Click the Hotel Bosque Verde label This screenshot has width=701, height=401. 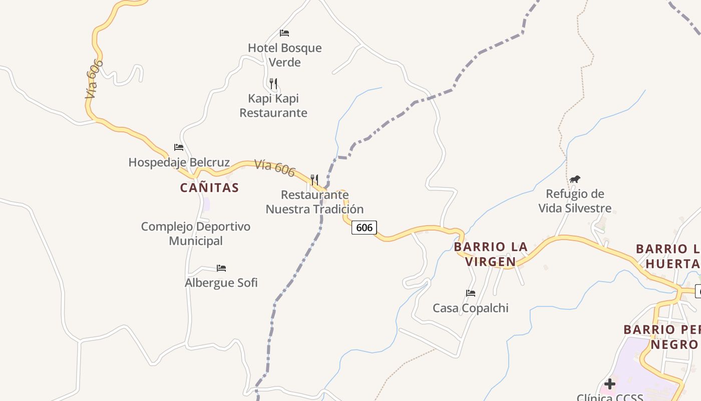[284, 55]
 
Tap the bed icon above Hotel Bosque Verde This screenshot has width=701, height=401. [284, 33]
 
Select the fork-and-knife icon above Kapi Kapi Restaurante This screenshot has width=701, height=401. [273, 83]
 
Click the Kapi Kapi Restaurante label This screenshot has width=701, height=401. [273, 105]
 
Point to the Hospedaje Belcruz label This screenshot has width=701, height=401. [179, 162]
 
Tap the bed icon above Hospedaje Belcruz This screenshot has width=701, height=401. [179, 147]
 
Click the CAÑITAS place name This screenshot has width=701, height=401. [209, 188]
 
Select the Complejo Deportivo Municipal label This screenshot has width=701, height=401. [195, 234]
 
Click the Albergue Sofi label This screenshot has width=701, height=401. [221, 283]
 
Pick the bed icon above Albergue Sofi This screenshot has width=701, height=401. [221, 268]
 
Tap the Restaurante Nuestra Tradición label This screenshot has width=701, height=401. [314, 202]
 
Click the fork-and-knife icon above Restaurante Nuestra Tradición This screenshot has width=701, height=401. [314, 179]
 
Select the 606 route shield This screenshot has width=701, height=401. [364, 228]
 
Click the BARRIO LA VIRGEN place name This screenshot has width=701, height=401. [491, 254]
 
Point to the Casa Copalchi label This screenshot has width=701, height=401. [470, 308]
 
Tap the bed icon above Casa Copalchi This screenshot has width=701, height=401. [470, 293]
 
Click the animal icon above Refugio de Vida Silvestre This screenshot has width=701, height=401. [575, 179]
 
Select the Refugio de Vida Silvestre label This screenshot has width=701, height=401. [575, 201]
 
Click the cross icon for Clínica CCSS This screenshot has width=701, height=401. [610, 384]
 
